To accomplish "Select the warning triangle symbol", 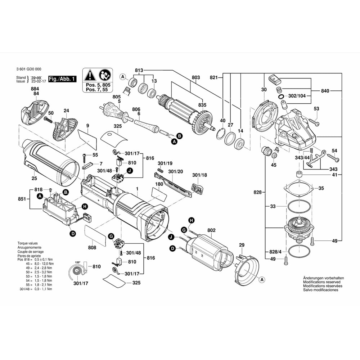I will [x=90, y=75].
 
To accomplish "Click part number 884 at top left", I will [x=35, y=89].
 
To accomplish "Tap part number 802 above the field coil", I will [x=211, y=230].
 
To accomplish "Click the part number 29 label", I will [x=242, y=245].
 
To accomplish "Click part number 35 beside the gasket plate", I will [x=321, y=188].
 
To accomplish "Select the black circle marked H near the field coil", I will [x=192, y=220].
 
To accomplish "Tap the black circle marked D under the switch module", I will [x=73, y=234].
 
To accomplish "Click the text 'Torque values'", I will [x=27, y=243].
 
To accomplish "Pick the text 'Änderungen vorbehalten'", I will [x=323, y=278].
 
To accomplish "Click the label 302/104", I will [x=297, y=96].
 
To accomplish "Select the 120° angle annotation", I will [x=77, y=262].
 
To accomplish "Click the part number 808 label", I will [x=92, y=248].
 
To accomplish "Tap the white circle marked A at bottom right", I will [x=262, y=279].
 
